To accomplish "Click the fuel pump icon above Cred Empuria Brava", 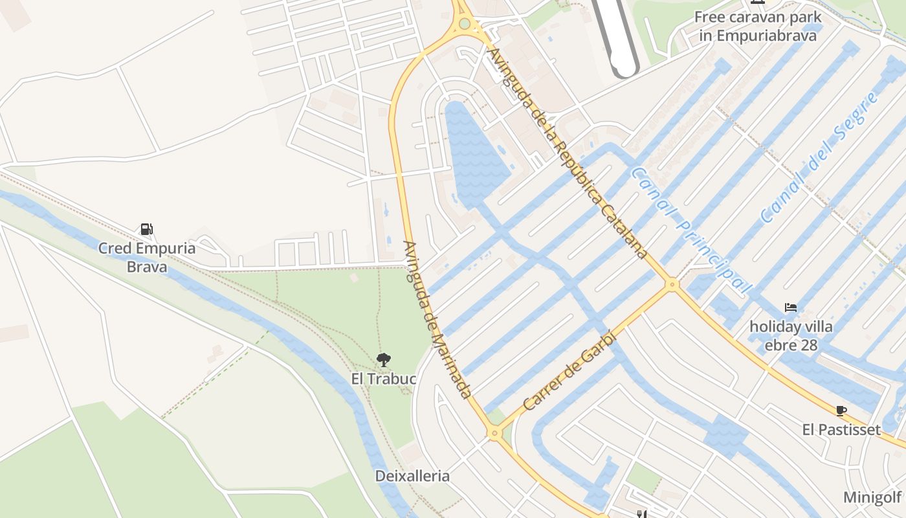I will [x=147, y=229].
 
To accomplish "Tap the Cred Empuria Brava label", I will [x=147, y=257].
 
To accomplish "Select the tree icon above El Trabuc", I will [x=383, y=359].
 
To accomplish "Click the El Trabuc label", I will [x=383, y=378].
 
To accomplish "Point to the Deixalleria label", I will [x=412, y=476].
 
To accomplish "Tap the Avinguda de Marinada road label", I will [x=436, y=319].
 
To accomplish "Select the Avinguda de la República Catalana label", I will [x=568, y=153].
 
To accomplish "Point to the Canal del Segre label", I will [x=820, y=157].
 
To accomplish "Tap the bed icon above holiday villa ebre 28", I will [x=790, y=307].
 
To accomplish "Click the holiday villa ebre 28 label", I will [x=791, y=335].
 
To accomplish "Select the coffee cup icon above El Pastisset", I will [x=841, y=411].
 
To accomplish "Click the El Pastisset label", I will [x=841, y=429].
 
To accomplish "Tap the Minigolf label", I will [x=872, y=497].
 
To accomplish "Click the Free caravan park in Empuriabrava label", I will [x=758, y=26].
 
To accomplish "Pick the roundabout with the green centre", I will [x=464, y=25].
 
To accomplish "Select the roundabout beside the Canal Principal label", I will [x=672, y=284].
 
